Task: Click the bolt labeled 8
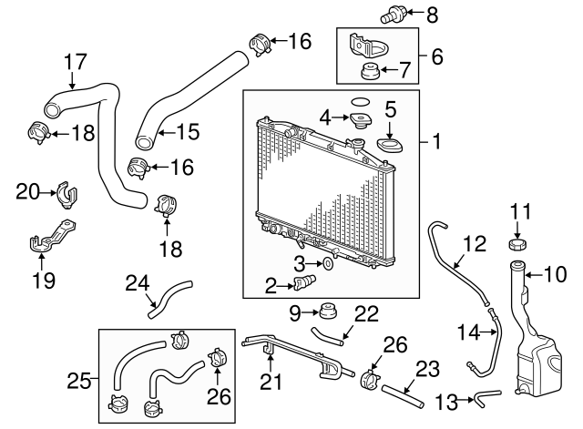[392, 15]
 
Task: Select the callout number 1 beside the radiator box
[436, 142]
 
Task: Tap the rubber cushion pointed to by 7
[369, 72]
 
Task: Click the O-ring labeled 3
[328, 263]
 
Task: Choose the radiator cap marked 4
[359, 120]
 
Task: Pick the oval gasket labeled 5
[389, 146]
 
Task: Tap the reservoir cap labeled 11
[518, 244]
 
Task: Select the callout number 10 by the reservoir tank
[555, 275]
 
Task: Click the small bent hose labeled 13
[487, 397]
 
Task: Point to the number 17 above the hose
[76, 62]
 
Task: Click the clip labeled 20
[67, 195]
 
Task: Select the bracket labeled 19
[52, 237]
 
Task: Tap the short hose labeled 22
[327, 336]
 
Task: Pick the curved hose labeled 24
[170, 300]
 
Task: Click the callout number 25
[79, 381]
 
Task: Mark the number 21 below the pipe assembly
[271, 382]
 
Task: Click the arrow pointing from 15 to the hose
[166, 133]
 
